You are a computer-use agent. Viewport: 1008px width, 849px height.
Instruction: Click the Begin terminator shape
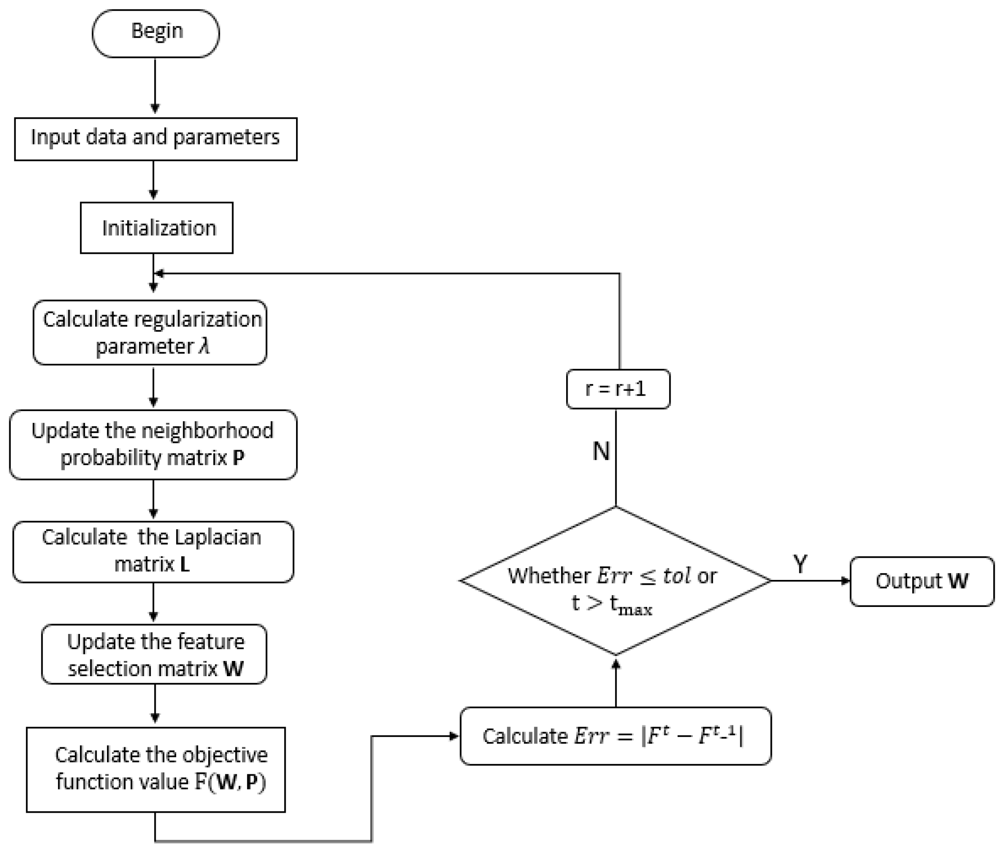tap(156, 33)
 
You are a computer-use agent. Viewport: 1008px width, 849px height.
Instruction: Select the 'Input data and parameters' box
tap(156, 138)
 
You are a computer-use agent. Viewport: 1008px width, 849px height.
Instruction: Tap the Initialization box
tap(157, 228)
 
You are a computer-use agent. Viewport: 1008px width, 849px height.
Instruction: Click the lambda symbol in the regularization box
tap(204, 346)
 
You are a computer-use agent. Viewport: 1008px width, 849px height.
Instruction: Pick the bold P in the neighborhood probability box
tap(238, 458)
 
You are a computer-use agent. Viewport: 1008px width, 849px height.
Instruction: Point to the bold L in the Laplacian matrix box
tap(185, 565)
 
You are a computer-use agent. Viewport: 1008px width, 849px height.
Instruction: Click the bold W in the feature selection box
tap(233, 669)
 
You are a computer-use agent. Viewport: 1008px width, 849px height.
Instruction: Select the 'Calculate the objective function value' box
tap(156, 769)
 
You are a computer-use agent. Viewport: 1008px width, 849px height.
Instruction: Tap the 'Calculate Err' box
tap(615, 736)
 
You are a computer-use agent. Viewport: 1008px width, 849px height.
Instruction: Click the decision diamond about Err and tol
tap(615, 580)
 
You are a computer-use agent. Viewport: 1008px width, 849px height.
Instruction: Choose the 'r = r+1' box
tap(618, 389)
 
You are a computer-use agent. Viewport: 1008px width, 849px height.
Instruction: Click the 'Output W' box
tap(922, 581)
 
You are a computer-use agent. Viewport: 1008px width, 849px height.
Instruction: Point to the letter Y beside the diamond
tap(800, 564)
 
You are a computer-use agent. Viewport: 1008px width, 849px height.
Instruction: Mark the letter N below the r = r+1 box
tap(601, 451)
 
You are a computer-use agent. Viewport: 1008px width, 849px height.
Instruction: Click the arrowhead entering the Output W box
tap(845, 581)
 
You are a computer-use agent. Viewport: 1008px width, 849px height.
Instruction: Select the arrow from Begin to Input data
tap(155, 86)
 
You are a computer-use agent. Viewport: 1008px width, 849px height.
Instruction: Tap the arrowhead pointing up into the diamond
tap(616, 664)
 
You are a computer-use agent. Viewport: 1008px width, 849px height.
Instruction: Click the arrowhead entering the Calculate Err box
tap(454, 736)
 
